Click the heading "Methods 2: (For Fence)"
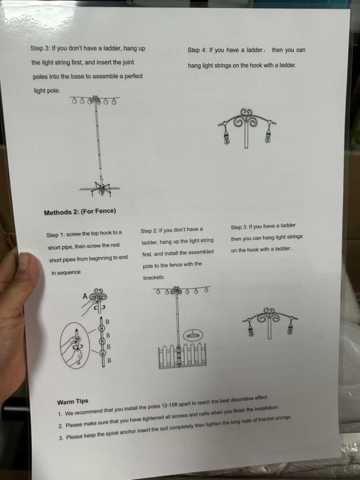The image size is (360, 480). click(x=80, y=211)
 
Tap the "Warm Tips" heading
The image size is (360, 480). click(x=72, y=401)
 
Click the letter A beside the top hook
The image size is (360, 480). click(x=85, y=296)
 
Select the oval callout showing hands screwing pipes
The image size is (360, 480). click(x=75, y=345)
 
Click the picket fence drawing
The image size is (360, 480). click(x=182, y=356)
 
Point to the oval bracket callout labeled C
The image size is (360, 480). click(x=193, y=335)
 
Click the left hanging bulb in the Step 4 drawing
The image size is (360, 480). click(x=227, y=138)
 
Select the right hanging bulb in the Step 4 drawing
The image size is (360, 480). click(x=268, y=136)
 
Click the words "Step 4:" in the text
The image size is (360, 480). click(x=197, y=50)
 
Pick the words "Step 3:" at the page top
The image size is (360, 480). click(x=40, y=48)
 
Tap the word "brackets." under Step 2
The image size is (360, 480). click(x=154, y=278)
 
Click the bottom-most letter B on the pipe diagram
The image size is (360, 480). click(x=109, y=361)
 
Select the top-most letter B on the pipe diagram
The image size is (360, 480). click(x=108, y=322)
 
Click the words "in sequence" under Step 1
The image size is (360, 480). click(x=66, y=273)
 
